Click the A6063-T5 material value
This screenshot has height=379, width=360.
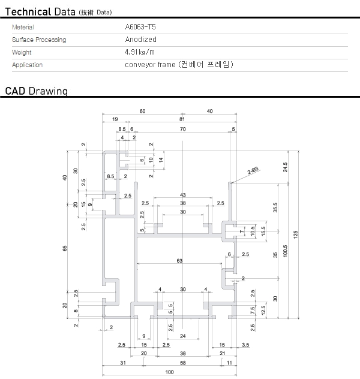[x=140, y=27]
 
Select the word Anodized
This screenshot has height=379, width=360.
[x=140, y=40]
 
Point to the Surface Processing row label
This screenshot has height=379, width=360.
[x=39, y=40]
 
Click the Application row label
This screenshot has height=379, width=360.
[x=27, y=65]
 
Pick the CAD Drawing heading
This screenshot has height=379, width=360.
[x=36, y=91]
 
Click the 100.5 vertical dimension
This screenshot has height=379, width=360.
[x=286, y=248]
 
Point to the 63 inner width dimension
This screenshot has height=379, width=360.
[x=179, y=261]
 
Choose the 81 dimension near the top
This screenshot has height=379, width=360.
[x=181, y=120]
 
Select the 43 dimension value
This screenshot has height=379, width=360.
[x=183, y=195]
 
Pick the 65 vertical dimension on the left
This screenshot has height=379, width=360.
[x=65, y=249]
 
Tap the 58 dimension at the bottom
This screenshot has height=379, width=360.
[x=183, y=363]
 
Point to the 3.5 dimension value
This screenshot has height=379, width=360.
[x=246, y=345]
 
